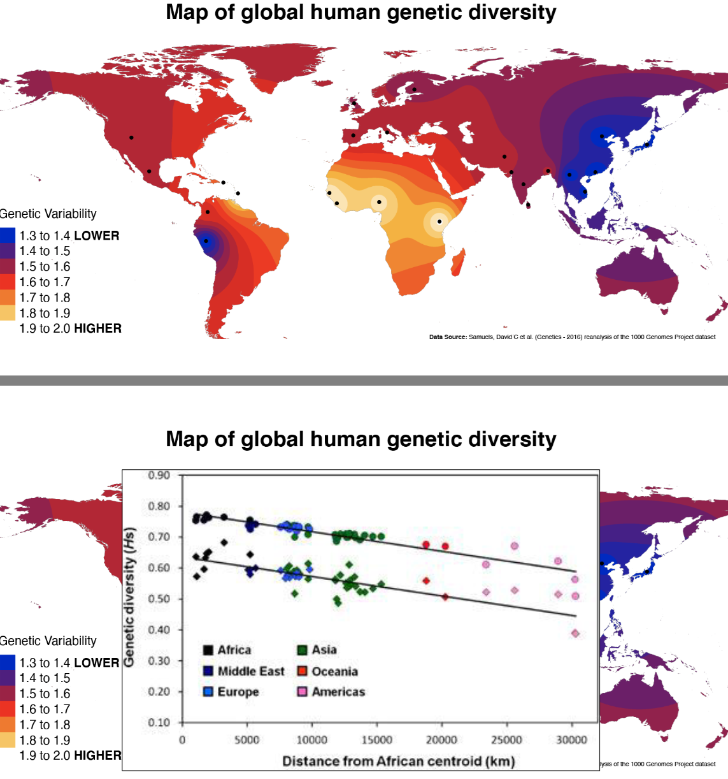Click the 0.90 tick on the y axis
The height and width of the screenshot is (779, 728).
(x=159, y=476)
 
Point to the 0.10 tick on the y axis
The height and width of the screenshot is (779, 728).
(x=159, y=722)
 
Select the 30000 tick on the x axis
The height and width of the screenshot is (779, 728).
(x=571, y=739)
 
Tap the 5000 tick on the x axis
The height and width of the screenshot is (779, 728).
(x=246, y=739)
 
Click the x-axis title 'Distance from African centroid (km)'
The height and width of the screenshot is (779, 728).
(x=398, y=761)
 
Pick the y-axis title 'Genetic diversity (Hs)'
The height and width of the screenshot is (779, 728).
(x=129, y=597)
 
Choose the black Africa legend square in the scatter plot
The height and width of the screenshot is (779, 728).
(x=208, y=650)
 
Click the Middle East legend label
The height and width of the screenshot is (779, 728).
(x=251, y=671)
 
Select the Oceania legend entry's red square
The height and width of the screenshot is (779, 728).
(x=303, y=671)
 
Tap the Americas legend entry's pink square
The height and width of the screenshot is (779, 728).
(x=303, y=692)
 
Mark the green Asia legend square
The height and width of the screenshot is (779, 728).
(x=303, y=650)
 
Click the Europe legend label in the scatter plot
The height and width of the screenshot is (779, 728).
(x=238, y=692)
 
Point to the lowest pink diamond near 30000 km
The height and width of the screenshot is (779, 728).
(x=575, y=633)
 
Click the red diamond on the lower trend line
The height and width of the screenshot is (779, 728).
(x=445, y=597)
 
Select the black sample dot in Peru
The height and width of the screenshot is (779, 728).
(x=206, y=241)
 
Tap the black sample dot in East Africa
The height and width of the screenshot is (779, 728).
(x=439, y=222)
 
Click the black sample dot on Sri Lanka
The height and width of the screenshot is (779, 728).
(x=528, y=205)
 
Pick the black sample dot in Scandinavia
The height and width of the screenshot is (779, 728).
(x=414, y=89)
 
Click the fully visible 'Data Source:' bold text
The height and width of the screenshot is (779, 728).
(x=448, y=337)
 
